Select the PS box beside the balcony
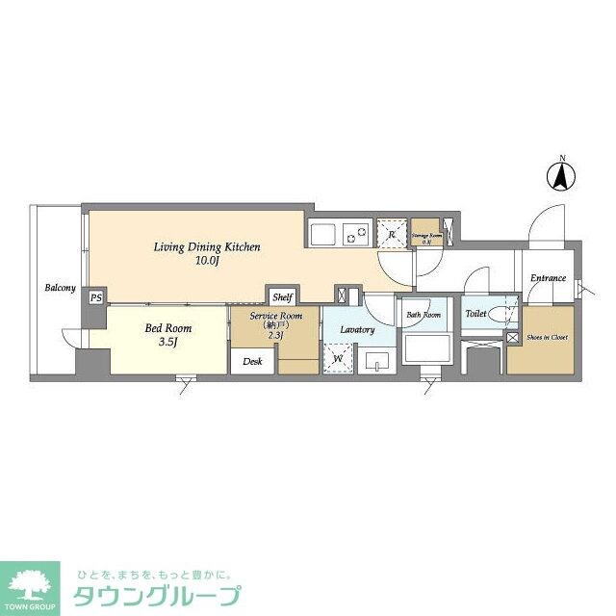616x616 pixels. click(95, 297)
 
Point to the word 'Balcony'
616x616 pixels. click(59, 287)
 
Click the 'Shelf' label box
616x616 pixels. click(281, 297)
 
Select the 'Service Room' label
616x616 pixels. click(276, 317)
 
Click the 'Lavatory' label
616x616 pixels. click(357, 329)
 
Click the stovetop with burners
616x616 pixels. click(357, 233)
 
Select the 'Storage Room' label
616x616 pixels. click(426, 234)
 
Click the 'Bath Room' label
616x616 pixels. click(423, 315)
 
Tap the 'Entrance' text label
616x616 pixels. click(548, 278)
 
